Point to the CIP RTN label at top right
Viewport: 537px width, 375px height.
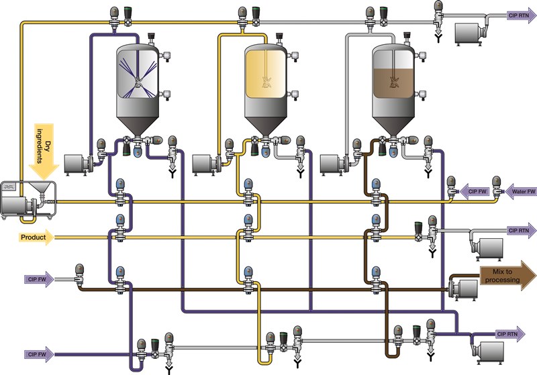click(518, 13)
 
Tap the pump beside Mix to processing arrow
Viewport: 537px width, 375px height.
click(462, 288)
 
